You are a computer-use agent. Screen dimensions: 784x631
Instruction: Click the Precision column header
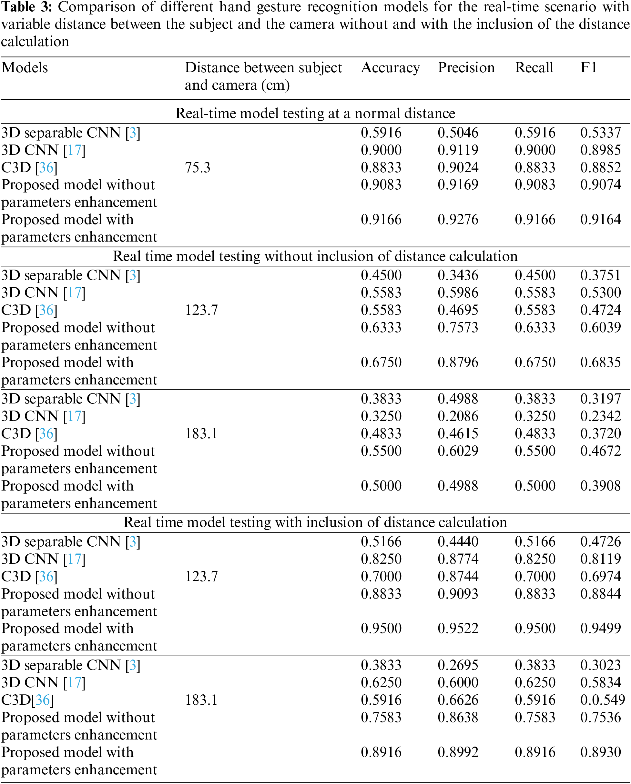466,68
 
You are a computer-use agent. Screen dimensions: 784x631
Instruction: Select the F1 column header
588,68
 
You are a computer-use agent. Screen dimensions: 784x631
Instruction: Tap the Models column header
25,68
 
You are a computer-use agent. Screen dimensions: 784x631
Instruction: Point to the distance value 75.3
198,168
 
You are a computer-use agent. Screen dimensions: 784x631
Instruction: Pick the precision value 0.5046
458,133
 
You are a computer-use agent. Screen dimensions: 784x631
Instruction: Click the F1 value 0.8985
600,150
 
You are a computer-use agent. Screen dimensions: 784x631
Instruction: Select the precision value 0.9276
458,220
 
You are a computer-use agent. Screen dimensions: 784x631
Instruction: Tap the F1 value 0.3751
600,275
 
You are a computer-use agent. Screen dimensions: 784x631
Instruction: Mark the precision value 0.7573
458,328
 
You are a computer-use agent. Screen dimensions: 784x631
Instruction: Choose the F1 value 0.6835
600,362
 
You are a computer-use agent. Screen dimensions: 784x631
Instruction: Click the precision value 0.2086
458,416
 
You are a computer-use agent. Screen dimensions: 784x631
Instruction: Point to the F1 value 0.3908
600,486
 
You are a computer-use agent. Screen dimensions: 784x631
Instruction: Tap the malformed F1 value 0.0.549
603,700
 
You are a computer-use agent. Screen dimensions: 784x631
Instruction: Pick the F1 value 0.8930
600,752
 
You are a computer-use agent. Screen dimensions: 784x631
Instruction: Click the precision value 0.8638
458,718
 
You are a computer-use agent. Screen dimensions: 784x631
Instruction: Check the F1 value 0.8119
600,559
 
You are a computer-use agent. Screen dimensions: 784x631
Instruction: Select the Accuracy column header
390,68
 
